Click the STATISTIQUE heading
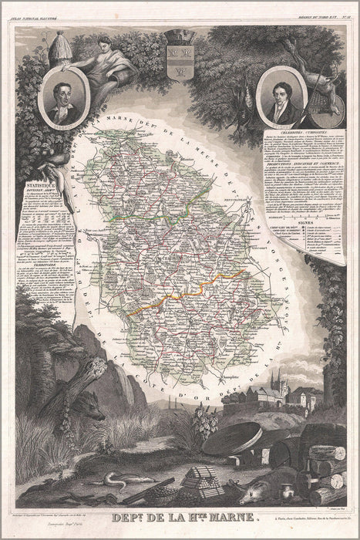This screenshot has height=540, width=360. pyautogui.click(x=42, y=186)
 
